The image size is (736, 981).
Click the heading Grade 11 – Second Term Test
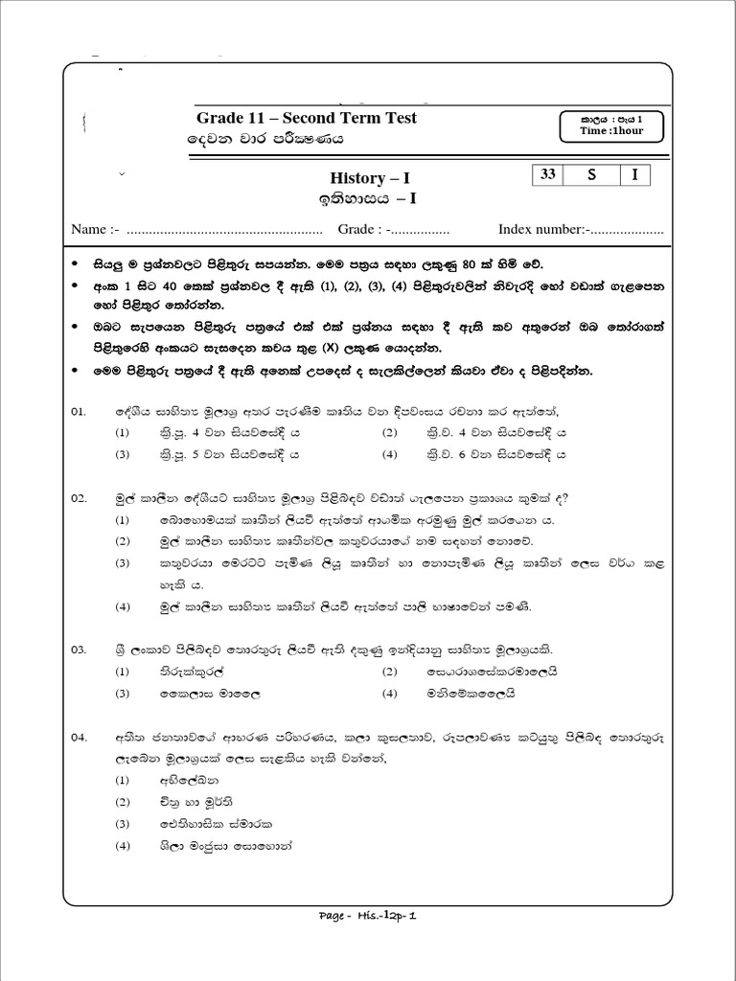[307, 118]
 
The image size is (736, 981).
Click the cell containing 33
[548, 174]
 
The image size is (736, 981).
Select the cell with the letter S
[591, 174]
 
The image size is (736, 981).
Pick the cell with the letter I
[634, 174]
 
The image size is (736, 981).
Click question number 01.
[80, 411]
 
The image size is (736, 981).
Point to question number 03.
[80, 650]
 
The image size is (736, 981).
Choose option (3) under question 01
[123, 455]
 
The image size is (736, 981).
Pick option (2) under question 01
[389, 433]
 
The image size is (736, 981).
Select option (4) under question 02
[123, 606]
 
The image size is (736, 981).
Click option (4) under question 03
[389, 693]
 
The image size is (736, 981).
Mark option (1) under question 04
[123, 780]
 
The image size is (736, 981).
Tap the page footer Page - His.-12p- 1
[368, 915]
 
